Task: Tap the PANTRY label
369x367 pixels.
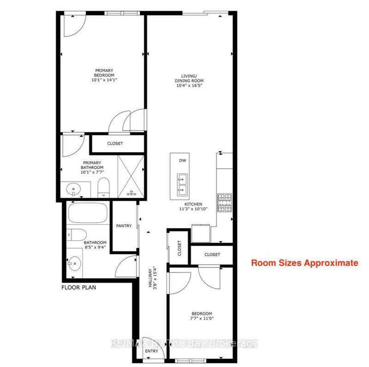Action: [x=124, y=226]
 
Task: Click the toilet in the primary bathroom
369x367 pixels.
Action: [x=103, y=187]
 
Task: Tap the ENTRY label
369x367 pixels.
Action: [x=152, y=351]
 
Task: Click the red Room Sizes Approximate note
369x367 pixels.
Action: [x=304, y=263]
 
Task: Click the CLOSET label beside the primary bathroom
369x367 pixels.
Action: [x=115, y=143]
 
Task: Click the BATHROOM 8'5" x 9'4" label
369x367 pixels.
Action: [x=95, y=245]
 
